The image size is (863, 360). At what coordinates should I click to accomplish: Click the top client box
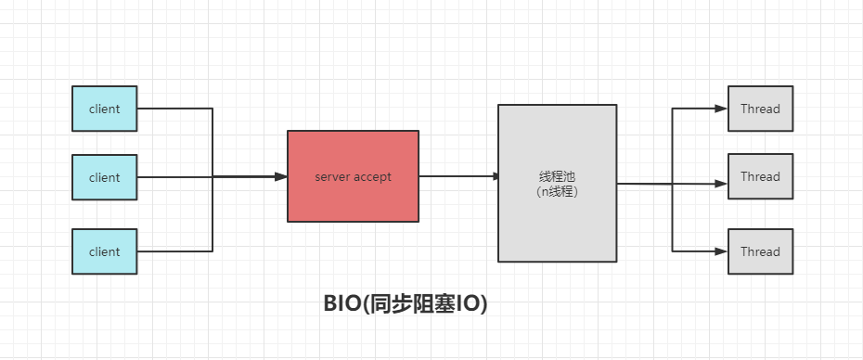105,109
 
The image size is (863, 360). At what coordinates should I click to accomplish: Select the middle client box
105,177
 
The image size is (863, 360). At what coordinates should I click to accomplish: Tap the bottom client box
105,251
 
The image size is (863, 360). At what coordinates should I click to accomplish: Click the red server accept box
353,176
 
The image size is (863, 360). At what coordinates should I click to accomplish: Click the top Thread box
760,109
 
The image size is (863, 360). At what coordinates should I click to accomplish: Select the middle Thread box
760,176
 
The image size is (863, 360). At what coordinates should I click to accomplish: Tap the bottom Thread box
760,251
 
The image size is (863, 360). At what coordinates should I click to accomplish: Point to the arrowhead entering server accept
281,176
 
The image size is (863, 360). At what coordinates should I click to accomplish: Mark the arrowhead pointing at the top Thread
722,109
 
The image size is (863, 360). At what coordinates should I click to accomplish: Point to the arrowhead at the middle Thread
722,184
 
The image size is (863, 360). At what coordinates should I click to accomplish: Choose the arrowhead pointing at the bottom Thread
722,251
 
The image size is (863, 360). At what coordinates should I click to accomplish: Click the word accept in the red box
372,176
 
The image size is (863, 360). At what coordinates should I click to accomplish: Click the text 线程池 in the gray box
557,176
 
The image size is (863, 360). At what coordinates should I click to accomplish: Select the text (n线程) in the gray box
557,191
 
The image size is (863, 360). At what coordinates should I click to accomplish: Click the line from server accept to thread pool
455,176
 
